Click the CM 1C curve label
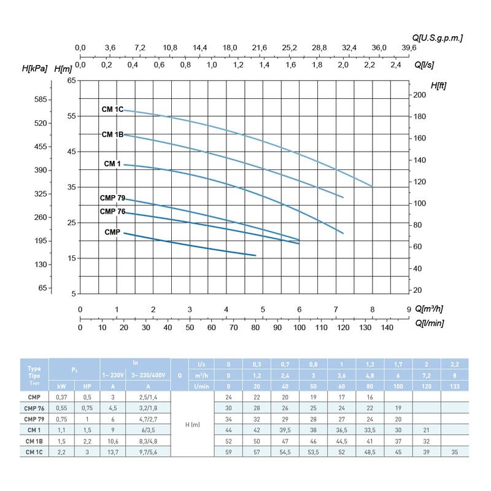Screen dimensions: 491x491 click(x=112, y=109)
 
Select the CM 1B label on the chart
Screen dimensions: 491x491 click(x=112, y=134)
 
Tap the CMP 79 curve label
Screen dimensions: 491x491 click(x=112, y=198)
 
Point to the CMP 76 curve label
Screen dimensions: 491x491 click(x=112, y=212)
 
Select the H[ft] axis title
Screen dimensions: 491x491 click(x=439, y=85)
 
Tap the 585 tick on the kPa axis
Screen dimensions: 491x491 click(x=41, y=99)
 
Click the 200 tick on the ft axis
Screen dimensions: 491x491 click(x=419, y=95)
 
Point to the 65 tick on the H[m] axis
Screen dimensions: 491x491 click(x=71, y=80)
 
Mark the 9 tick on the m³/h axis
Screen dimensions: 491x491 click(x=409, y=309)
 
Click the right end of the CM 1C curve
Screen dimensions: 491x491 click(x=372, y=186)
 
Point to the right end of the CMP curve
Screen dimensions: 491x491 click(x=255, y=255)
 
